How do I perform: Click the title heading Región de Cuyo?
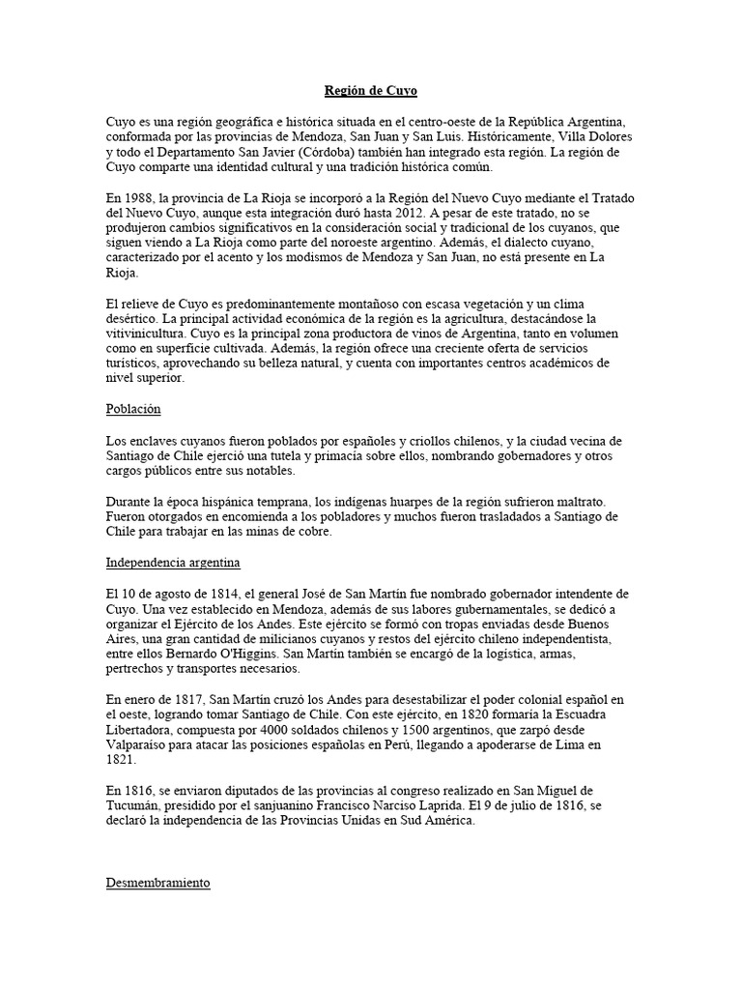point(371,91)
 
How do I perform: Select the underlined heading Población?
point(133,409)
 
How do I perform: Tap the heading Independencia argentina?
point(173,561)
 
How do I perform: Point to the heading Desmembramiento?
point(157,884)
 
